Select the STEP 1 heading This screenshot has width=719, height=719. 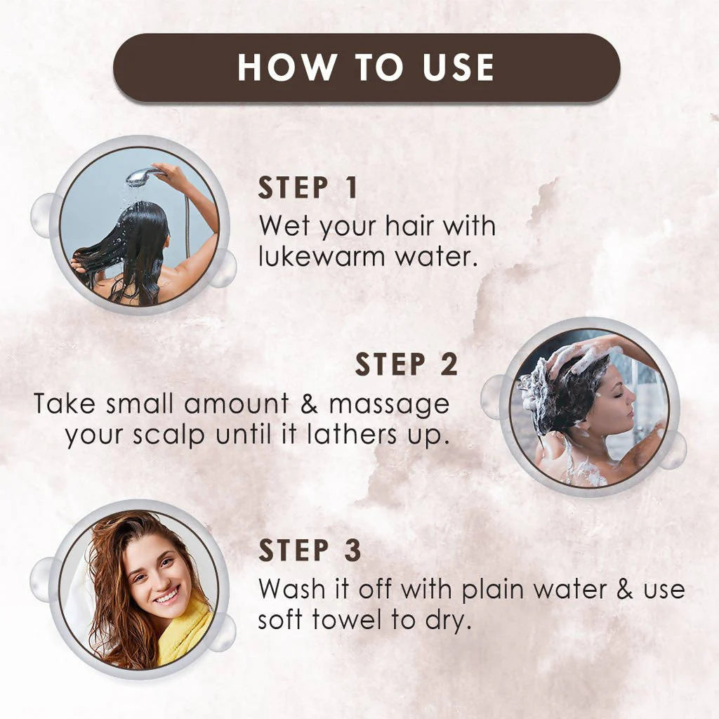[308, 188]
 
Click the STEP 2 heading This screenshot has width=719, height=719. [406, 365]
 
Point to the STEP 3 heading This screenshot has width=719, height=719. [310, 550]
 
